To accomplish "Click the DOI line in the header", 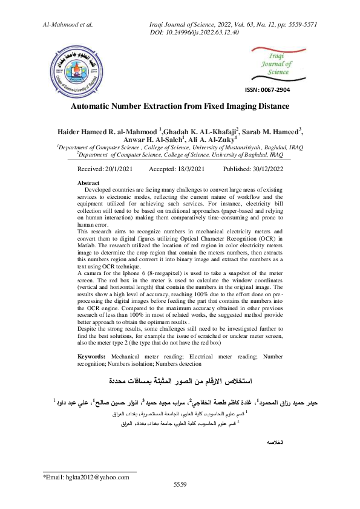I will coord(194,32).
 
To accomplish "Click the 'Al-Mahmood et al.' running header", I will coord(67,24).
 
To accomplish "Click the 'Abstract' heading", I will coord(89,183).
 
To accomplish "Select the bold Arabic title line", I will coord(180,381).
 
